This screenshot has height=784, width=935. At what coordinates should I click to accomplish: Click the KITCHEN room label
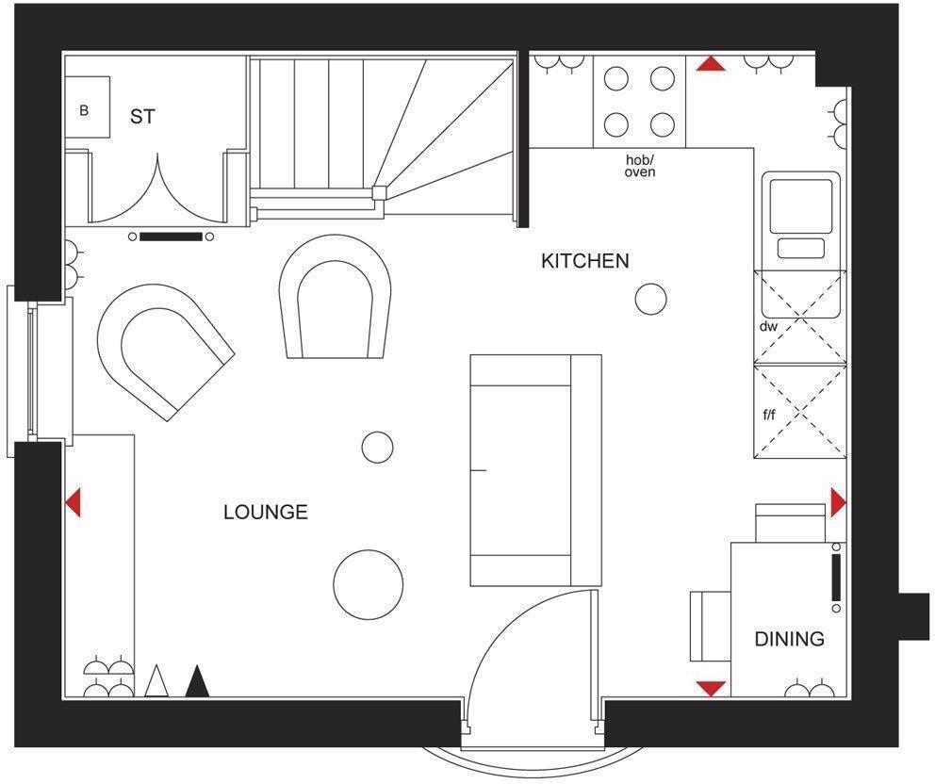[x=584, y=261]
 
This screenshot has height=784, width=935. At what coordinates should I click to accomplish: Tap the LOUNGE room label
[x=265, y=513]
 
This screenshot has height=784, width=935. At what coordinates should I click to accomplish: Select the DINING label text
[x=789, y=640]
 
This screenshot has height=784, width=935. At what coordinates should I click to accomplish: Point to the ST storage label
[x=142, y=118]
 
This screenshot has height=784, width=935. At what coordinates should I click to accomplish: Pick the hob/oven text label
[x=640, y=167]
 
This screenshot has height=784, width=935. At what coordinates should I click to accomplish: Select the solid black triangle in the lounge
[x=197, y=681]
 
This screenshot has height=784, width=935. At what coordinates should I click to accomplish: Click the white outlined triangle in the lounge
[x=156, y=681]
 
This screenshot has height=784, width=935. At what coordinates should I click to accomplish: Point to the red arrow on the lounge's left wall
[x=74, y=502]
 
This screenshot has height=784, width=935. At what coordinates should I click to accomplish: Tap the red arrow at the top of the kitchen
[x=711, y=64]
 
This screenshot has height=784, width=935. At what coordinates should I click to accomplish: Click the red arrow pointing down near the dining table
[x=711, y=689]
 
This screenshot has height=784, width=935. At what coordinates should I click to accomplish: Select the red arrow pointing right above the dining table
[x=838, y=502]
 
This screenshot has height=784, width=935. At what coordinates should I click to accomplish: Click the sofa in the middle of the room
[x=534, y=469]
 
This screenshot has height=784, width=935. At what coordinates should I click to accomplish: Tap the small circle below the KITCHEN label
[x=650, y=299]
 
